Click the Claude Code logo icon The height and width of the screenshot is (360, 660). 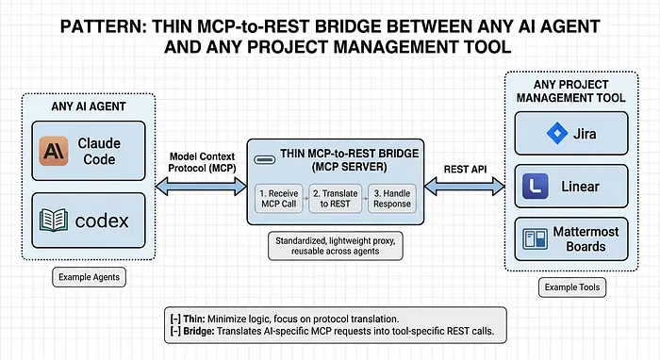56,150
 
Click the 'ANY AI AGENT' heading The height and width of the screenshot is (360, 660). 90,106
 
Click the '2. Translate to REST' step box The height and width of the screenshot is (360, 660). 334,198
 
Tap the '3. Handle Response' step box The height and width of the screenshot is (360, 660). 389,198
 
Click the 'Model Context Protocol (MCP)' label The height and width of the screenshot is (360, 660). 201,161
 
